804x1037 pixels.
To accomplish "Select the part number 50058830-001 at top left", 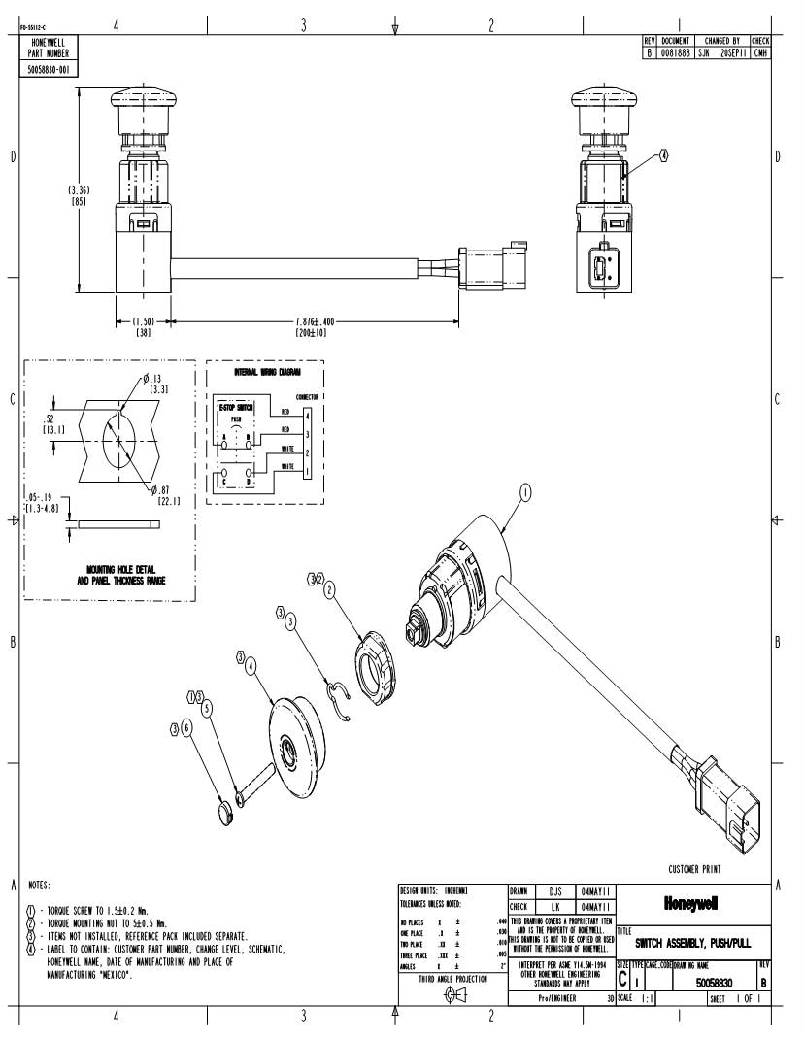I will click(x=49, y=70).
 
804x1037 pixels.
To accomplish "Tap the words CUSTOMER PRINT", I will click(x=702, y=869).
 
